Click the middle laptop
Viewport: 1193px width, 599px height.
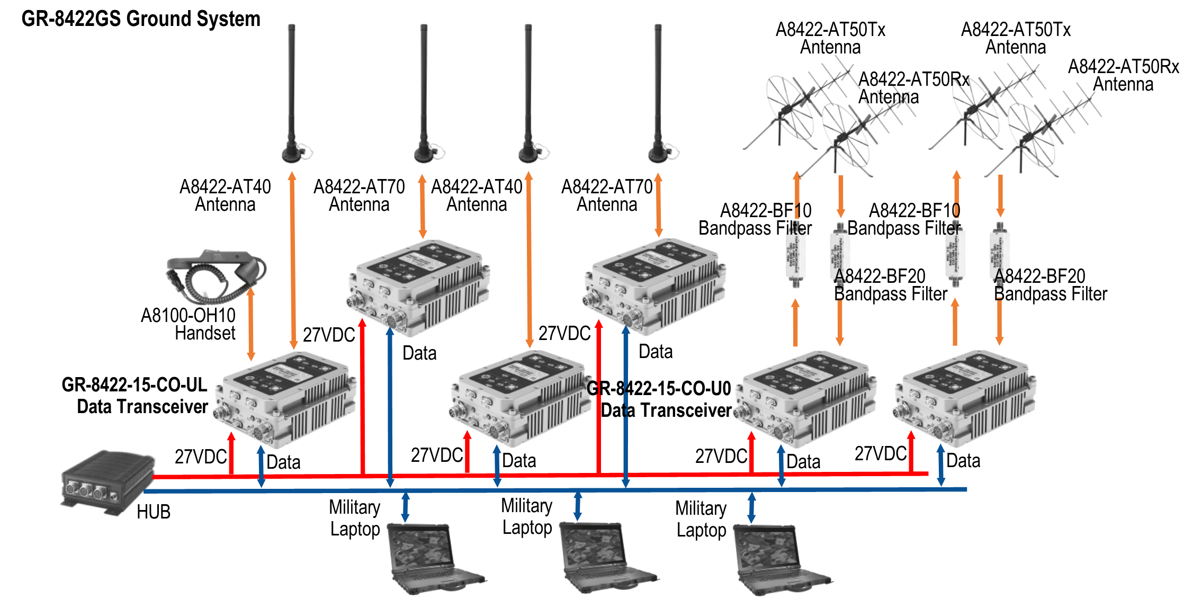click(x=604, y=556)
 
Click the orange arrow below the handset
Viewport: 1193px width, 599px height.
click(x=251, y=324)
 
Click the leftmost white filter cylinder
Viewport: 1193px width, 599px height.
click(x=795, y=254)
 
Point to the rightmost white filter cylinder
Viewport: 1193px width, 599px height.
click(x=999, y=254)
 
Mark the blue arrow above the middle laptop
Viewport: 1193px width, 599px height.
click(x=578, y=506)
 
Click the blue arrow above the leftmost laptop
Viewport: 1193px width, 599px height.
click(x=405, y=507)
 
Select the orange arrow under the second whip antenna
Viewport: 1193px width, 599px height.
click(x=423, y=206)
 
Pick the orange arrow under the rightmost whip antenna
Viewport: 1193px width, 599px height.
click(x=658, y=205)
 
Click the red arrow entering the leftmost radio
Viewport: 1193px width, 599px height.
click(x=231, y=453)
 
